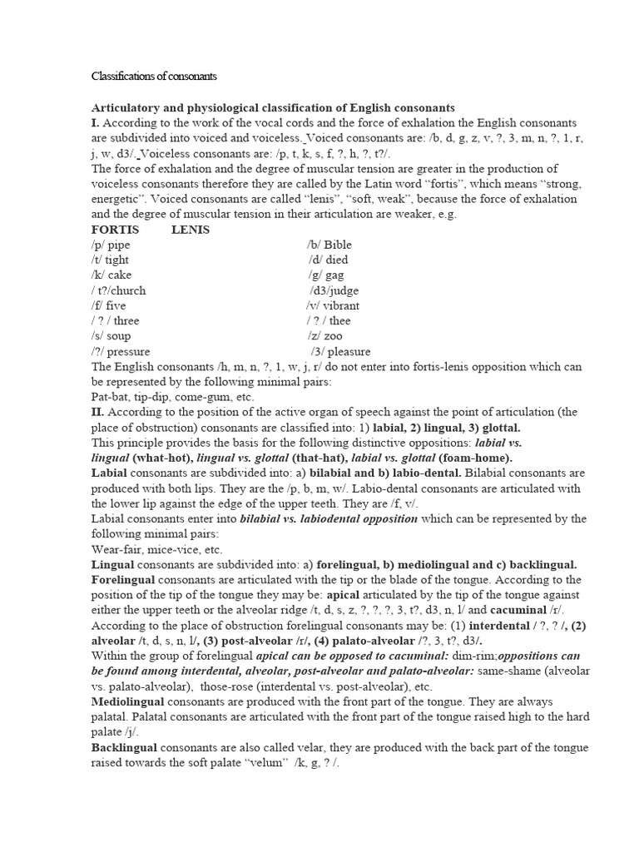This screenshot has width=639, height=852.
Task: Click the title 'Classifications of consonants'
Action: click(x=154, y=77)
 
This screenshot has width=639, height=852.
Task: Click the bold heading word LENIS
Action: click(x=191, y=230)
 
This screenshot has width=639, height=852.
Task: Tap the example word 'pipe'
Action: click(x=118, y=245)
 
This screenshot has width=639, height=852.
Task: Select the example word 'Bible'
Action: click(x=338, y=245)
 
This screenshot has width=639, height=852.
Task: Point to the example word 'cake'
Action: click(x=119, y=275)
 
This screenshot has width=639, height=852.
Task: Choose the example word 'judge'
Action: click(x=341, y=290)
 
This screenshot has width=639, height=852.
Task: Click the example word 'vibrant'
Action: click(x=341, y=305)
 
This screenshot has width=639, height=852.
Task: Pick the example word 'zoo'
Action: click(x=334, y=336)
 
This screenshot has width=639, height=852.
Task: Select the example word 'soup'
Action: click(x=118, y=336)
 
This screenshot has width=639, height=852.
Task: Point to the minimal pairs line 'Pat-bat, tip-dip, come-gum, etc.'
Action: click(x=161, y=398)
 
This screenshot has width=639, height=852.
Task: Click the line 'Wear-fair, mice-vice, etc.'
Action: click(x=156, y=550)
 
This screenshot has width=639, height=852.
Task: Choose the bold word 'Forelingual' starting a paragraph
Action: click(x=124, y=580)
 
